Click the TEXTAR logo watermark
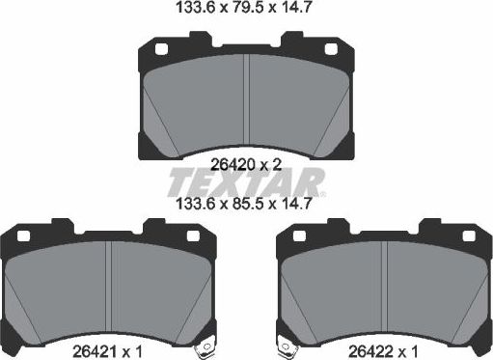tap(246, 181)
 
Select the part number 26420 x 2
tap(245, 164)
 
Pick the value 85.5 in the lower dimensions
tap(248, 205)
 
